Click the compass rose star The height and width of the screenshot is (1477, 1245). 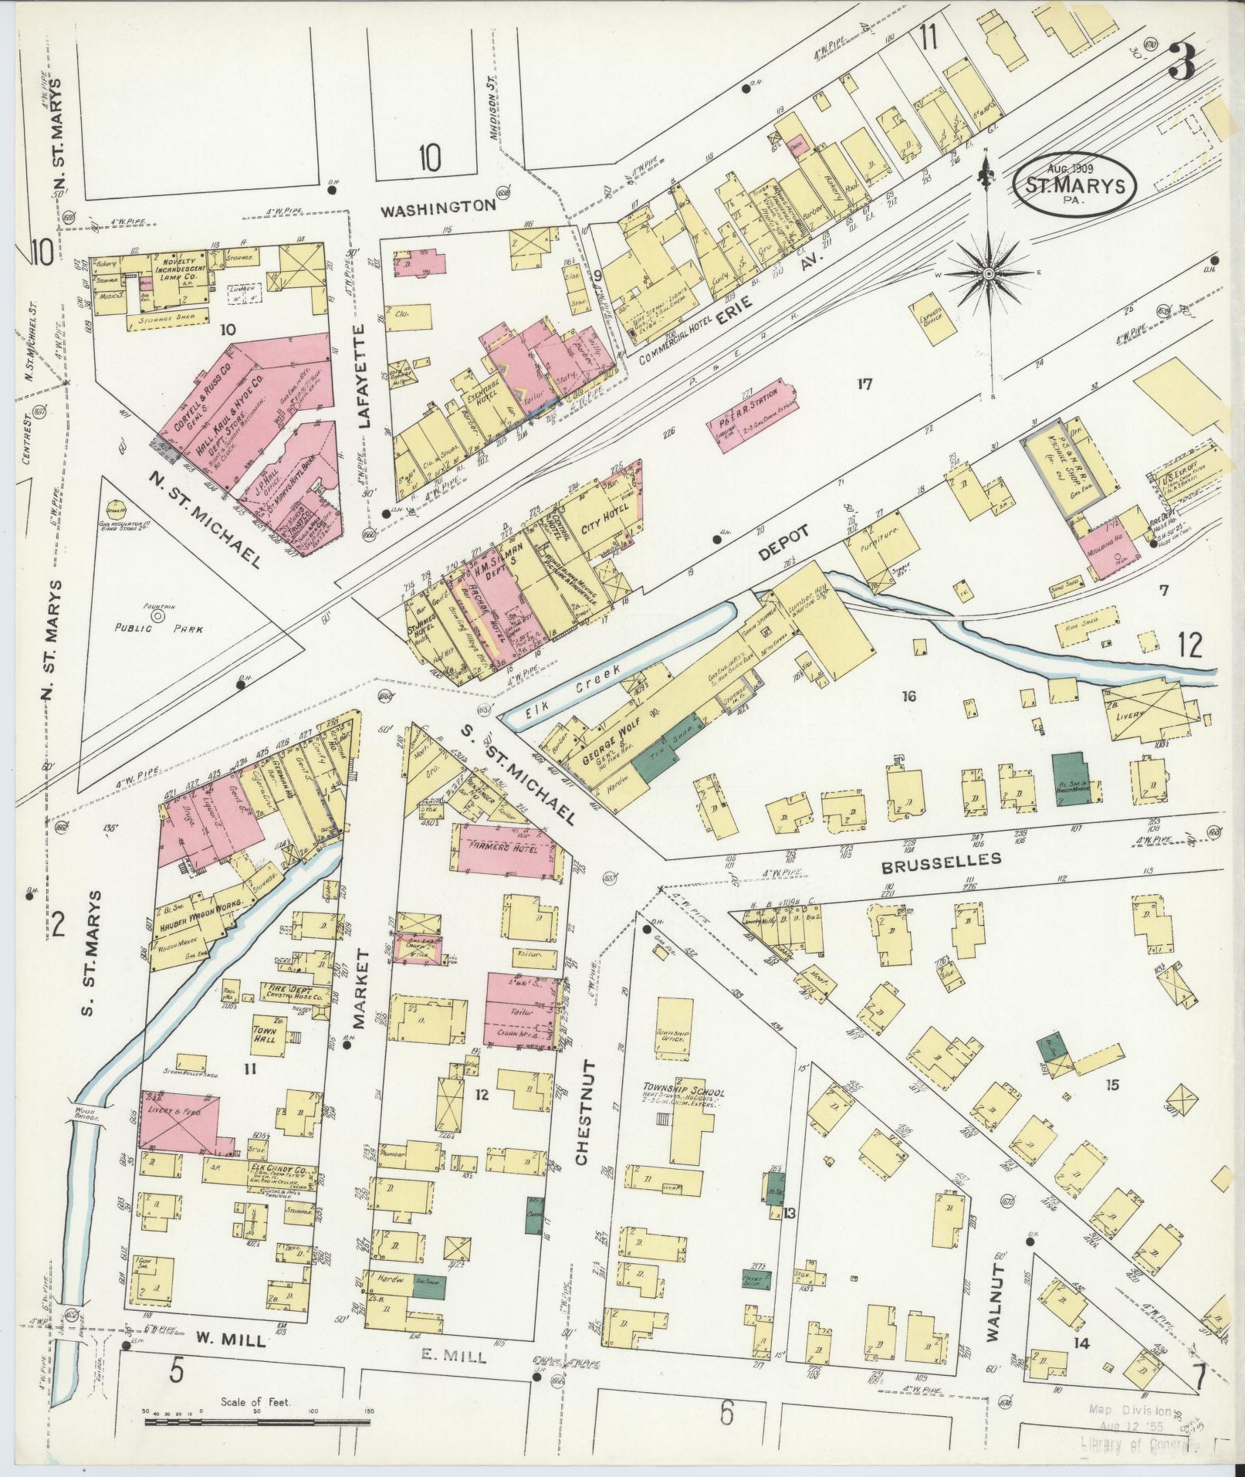[989, 273]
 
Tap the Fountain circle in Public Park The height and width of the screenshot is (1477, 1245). [157, 616]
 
